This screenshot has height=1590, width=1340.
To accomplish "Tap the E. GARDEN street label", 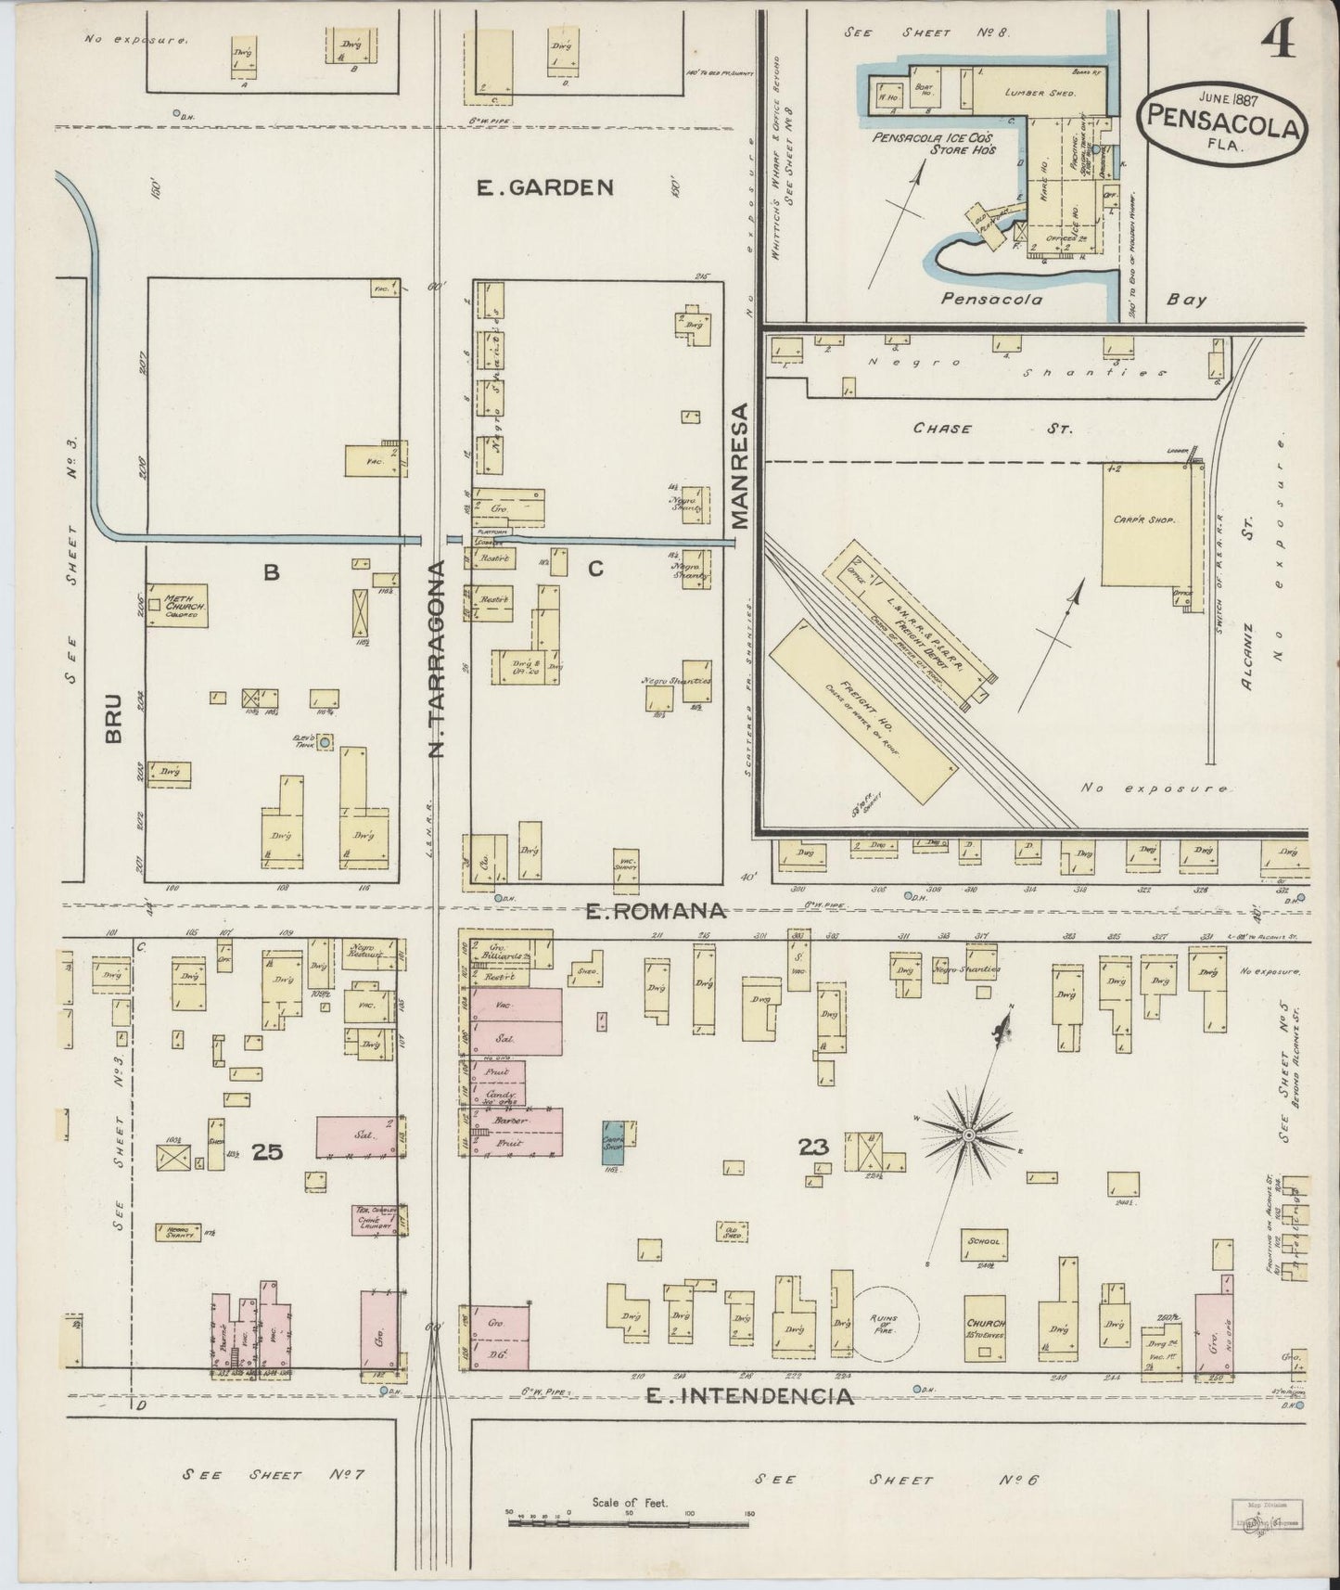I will pos(544,187).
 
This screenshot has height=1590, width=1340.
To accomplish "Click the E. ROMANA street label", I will pos(656,912).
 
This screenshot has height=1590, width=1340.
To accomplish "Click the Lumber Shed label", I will pos(1038,93).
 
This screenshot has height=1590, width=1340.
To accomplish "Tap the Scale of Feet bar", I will pos(630,1520).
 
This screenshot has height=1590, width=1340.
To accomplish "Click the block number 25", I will pos(267,1151).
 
